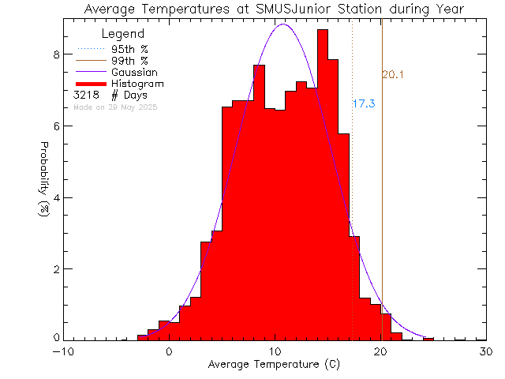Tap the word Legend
(123, 34)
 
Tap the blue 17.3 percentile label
(363, 103)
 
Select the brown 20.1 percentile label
(393, 75)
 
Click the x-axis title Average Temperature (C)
(274, 365)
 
